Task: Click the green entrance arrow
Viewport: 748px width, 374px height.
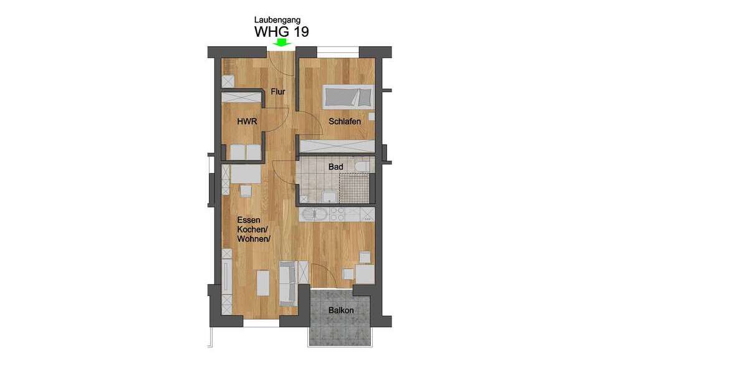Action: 282,42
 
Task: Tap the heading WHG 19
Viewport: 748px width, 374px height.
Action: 281,31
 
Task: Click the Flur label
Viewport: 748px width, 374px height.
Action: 278,92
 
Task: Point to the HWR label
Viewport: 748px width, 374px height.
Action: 247,122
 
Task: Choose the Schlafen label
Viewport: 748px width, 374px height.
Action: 345,122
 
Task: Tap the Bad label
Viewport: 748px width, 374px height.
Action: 336,167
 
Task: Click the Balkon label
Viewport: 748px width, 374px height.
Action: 341,310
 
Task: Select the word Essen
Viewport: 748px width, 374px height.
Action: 248,220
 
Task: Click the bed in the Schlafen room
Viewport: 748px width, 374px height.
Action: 348,97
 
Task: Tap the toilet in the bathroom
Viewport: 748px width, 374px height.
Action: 363,166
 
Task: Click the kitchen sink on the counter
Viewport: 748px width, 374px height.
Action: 312,215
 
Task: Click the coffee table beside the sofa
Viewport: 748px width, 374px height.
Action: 264,284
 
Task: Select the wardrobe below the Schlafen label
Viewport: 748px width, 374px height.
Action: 337,146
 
